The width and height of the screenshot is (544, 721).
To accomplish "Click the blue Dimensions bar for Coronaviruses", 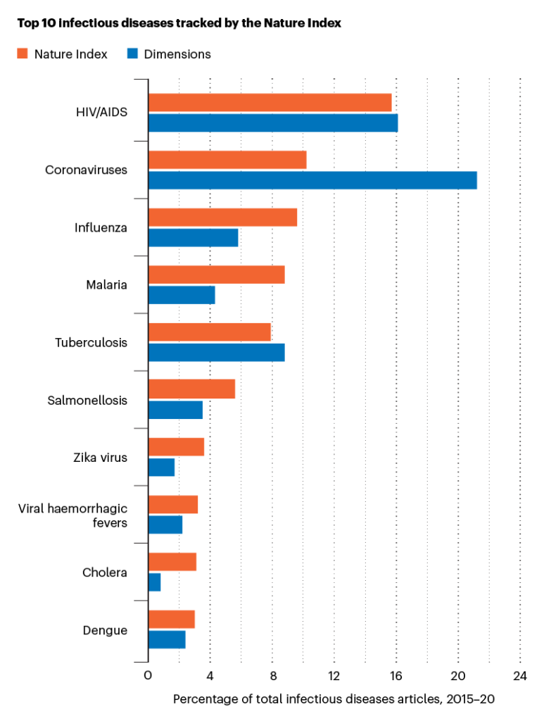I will (x=312, y=180).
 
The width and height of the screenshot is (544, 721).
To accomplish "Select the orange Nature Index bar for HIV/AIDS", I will (x=270, y=103).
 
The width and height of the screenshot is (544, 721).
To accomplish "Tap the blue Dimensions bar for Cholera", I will (x=154, y=582).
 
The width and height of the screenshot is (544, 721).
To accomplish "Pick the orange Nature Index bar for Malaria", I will (x=216, y=275).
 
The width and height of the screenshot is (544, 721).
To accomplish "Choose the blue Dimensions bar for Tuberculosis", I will (x=216, y=352).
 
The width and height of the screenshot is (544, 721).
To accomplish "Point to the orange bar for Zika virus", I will (x=176, y=447).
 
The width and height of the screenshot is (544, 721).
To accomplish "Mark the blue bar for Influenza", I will (x=193, y=237).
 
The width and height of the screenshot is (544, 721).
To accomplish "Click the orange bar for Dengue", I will (x=171, y=620).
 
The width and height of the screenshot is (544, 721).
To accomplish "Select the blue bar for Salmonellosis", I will (x=175, y=410).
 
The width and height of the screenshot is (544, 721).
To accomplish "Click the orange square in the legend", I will (x=23, y=54).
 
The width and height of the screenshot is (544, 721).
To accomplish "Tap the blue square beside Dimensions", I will (x=132, y=54).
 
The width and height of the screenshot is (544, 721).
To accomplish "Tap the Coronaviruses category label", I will (x=86, y=170).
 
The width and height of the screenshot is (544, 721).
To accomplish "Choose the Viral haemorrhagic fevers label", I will (x=72, y=515).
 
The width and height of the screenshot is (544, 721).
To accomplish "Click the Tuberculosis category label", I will (x=91, y=343).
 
